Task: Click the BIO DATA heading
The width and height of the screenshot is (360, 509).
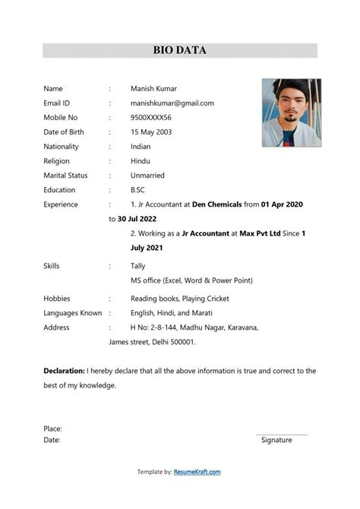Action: point(180,51)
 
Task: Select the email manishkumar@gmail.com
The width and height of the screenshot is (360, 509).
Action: point(172,103)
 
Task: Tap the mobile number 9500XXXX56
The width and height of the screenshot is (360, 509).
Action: point(150,118)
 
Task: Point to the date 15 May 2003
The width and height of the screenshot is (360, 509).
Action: point(153,132)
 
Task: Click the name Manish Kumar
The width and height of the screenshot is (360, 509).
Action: point(153,88)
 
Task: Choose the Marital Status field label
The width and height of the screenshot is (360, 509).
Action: point(65,175)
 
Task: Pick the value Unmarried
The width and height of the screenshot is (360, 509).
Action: point(147,175)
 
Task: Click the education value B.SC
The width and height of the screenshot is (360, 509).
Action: point(137,190)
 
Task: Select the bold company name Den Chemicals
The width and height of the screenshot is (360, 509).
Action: point(220,204)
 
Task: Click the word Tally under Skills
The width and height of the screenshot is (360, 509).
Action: point(138,266)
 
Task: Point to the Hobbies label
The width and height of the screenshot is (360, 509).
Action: point(57,299)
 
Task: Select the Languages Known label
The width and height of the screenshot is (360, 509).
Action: point(73,313)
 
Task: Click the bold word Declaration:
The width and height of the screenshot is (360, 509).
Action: point(64,371)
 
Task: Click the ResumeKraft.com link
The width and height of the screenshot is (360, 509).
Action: point(197,472)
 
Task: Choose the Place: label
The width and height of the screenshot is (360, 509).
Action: point(52,428)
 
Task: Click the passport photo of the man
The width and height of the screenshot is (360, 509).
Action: point(292,112)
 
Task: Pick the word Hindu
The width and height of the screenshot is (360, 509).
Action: point(140,161)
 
